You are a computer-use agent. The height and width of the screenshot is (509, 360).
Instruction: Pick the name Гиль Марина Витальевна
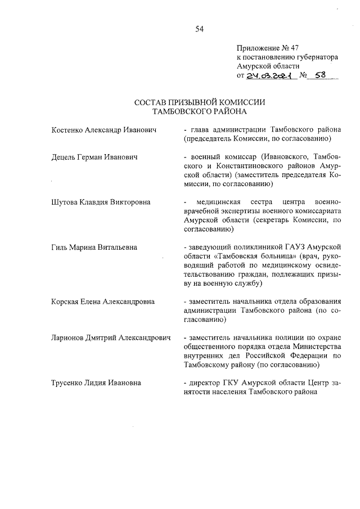(x=94, y=247)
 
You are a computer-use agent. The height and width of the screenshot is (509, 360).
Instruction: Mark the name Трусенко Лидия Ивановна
(x=96, y=383)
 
